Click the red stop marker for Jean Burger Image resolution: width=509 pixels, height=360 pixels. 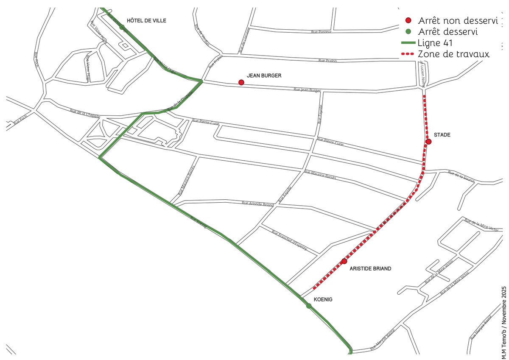(241, 82)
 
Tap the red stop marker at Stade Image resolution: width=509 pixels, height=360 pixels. (429, 142)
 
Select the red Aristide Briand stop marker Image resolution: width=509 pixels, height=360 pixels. (344, 261)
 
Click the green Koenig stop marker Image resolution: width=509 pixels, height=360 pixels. (308, 306)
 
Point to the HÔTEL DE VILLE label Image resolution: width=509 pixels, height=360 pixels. (147, 20)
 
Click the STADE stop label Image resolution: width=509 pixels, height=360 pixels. (442, 135)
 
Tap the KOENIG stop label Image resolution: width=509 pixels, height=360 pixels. (323, 299)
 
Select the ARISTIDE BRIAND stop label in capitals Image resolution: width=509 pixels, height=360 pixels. (370, 269)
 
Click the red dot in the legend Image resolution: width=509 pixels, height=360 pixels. (408, 20)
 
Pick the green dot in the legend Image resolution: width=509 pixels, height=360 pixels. (408, 31)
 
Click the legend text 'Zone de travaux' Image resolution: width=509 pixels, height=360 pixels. (454, 54)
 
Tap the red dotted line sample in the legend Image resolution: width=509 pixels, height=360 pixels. (407, 54)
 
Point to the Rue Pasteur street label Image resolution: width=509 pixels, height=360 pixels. (321, 32)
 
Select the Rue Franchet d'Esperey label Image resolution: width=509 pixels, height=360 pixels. (289, 240)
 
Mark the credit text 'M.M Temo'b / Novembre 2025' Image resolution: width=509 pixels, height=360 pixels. (504, 322)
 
